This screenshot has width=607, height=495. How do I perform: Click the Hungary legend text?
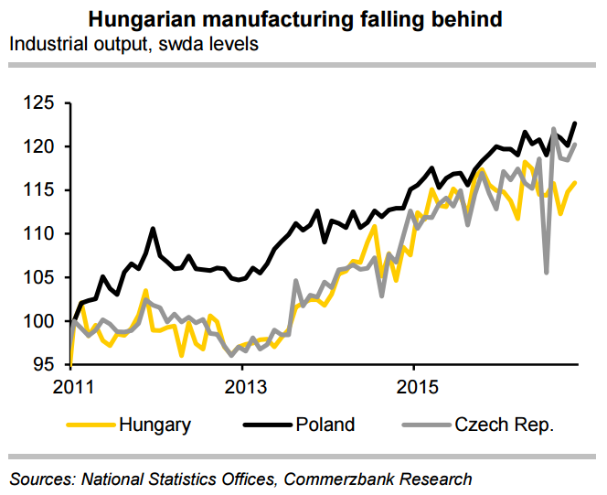coord(154,425)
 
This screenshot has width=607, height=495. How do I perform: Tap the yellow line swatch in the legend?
coord(91,425)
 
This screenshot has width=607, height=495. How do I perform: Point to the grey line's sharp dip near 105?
coord(547,272)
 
